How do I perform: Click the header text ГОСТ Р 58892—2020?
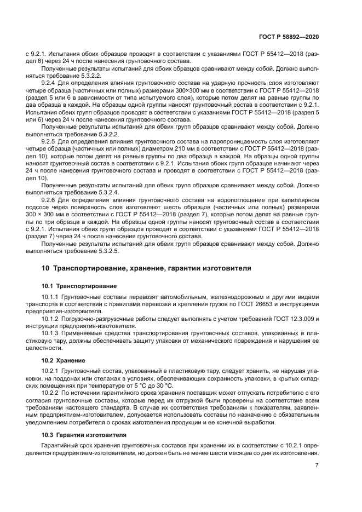(290, 36)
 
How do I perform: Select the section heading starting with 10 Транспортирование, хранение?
(146, 269)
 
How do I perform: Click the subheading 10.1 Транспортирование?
(78, 286)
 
